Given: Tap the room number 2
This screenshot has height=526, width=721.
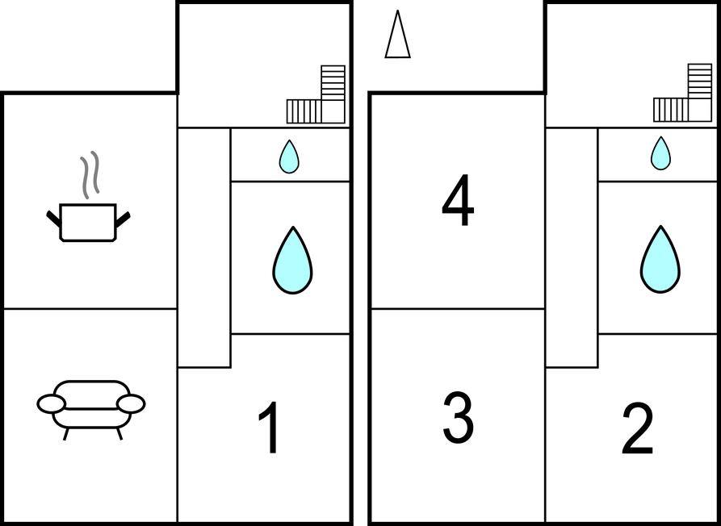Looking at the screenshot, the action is pyautogui.click(x=637, y=428).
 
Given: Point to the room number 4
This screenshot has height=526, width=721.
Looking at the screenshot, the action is pyautogui.click(x=458, y=200).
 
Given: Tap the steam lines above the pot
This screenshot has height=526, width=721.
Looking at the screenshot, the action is pyautogui.click(x=90, y=173).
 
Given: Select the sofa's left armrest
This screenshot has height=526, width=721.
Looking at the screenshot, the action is pyautogui.click(x=52, y=404).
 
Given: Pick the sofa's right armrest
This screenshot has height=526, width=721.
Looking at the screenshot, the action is pyautogui.click(x=131, y=404).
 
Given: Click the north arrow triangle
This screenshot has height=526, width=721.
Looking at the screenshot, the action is pyautogui.click(x=397, y=35).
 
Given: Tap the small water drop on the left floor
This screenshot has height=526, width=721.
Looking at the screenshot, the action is pyautogui.click(x=289, y=157).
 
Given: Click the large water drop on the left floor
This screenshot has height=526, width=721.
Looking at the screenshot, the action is pyautogui.click(x=292, y=260).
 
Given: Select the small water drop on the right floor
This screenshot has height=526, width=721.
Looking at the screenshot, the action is pyautogui.click(x=660, y=153).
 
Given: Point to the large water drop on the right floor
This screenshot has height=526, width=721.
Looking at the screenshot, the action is pyautogui.click(x=660, y=260).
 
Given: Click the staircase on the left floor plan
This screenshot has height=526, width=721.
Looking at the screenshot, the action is pyautogui.click(x=316, y=94).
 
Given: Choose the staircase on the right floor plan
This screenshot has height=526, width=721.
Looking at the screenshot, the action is pyautogui.click(x=683, y=93).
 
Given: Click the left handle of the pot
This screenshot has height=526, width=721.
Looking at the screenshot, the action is pyautogui.click(x=53, y=219).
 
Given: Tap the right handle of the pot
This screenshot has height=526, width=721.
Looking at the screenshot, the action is pyautogui.click(x=123, y=219).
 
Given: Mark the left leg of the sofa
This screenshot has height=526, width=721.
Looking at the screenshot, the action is pyautogui.click(x=66, y=434).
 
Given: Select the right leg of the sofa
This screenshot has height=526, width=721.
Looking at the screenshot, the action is pyautogui.click(x=119, y=434).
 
